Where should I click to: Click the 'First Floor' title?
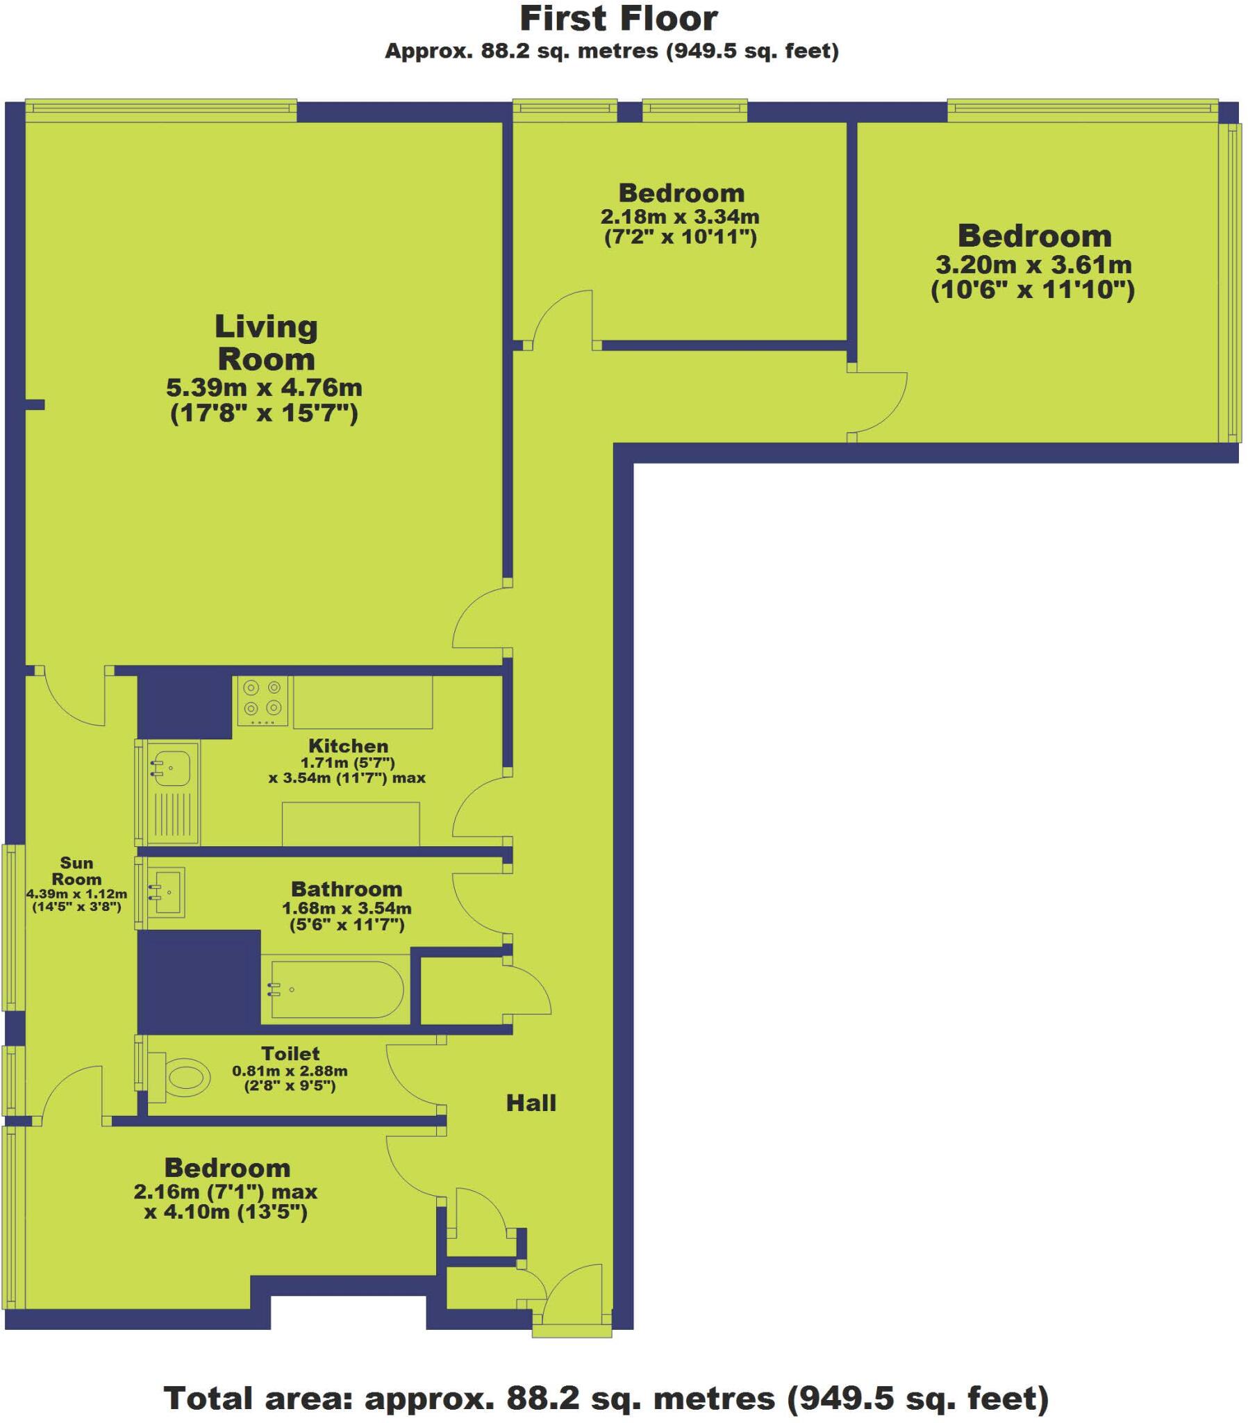point(618,19)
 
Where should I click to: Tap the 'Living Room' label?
point(266,343)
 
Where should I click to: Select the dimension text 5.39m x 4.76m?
point(265,387)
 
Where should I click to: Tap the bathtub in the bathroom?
point(336,989)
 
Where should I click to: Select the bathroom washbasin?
point(167,892)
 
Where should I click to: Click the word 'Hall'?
point(531,1103)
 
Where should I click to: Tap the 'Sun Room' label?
point(76,871)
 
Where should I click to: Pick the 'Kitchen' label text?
point(348,746)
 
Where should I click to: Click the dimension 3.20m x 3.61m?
point(1033,265)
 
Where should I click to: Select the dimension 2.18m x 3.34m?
point(680,217)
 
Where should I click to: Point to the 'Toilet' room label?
point(290,1053)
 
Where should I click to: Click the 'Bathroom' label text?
point(347,889)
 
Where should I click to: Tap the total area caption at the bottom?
point(606,1397)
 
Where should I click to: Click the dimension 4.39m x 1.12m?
point(76,894)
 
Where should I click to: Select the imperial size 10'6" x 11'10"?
point(1033,290)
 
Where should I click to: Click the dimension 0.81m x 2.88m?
point(290,1071)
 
